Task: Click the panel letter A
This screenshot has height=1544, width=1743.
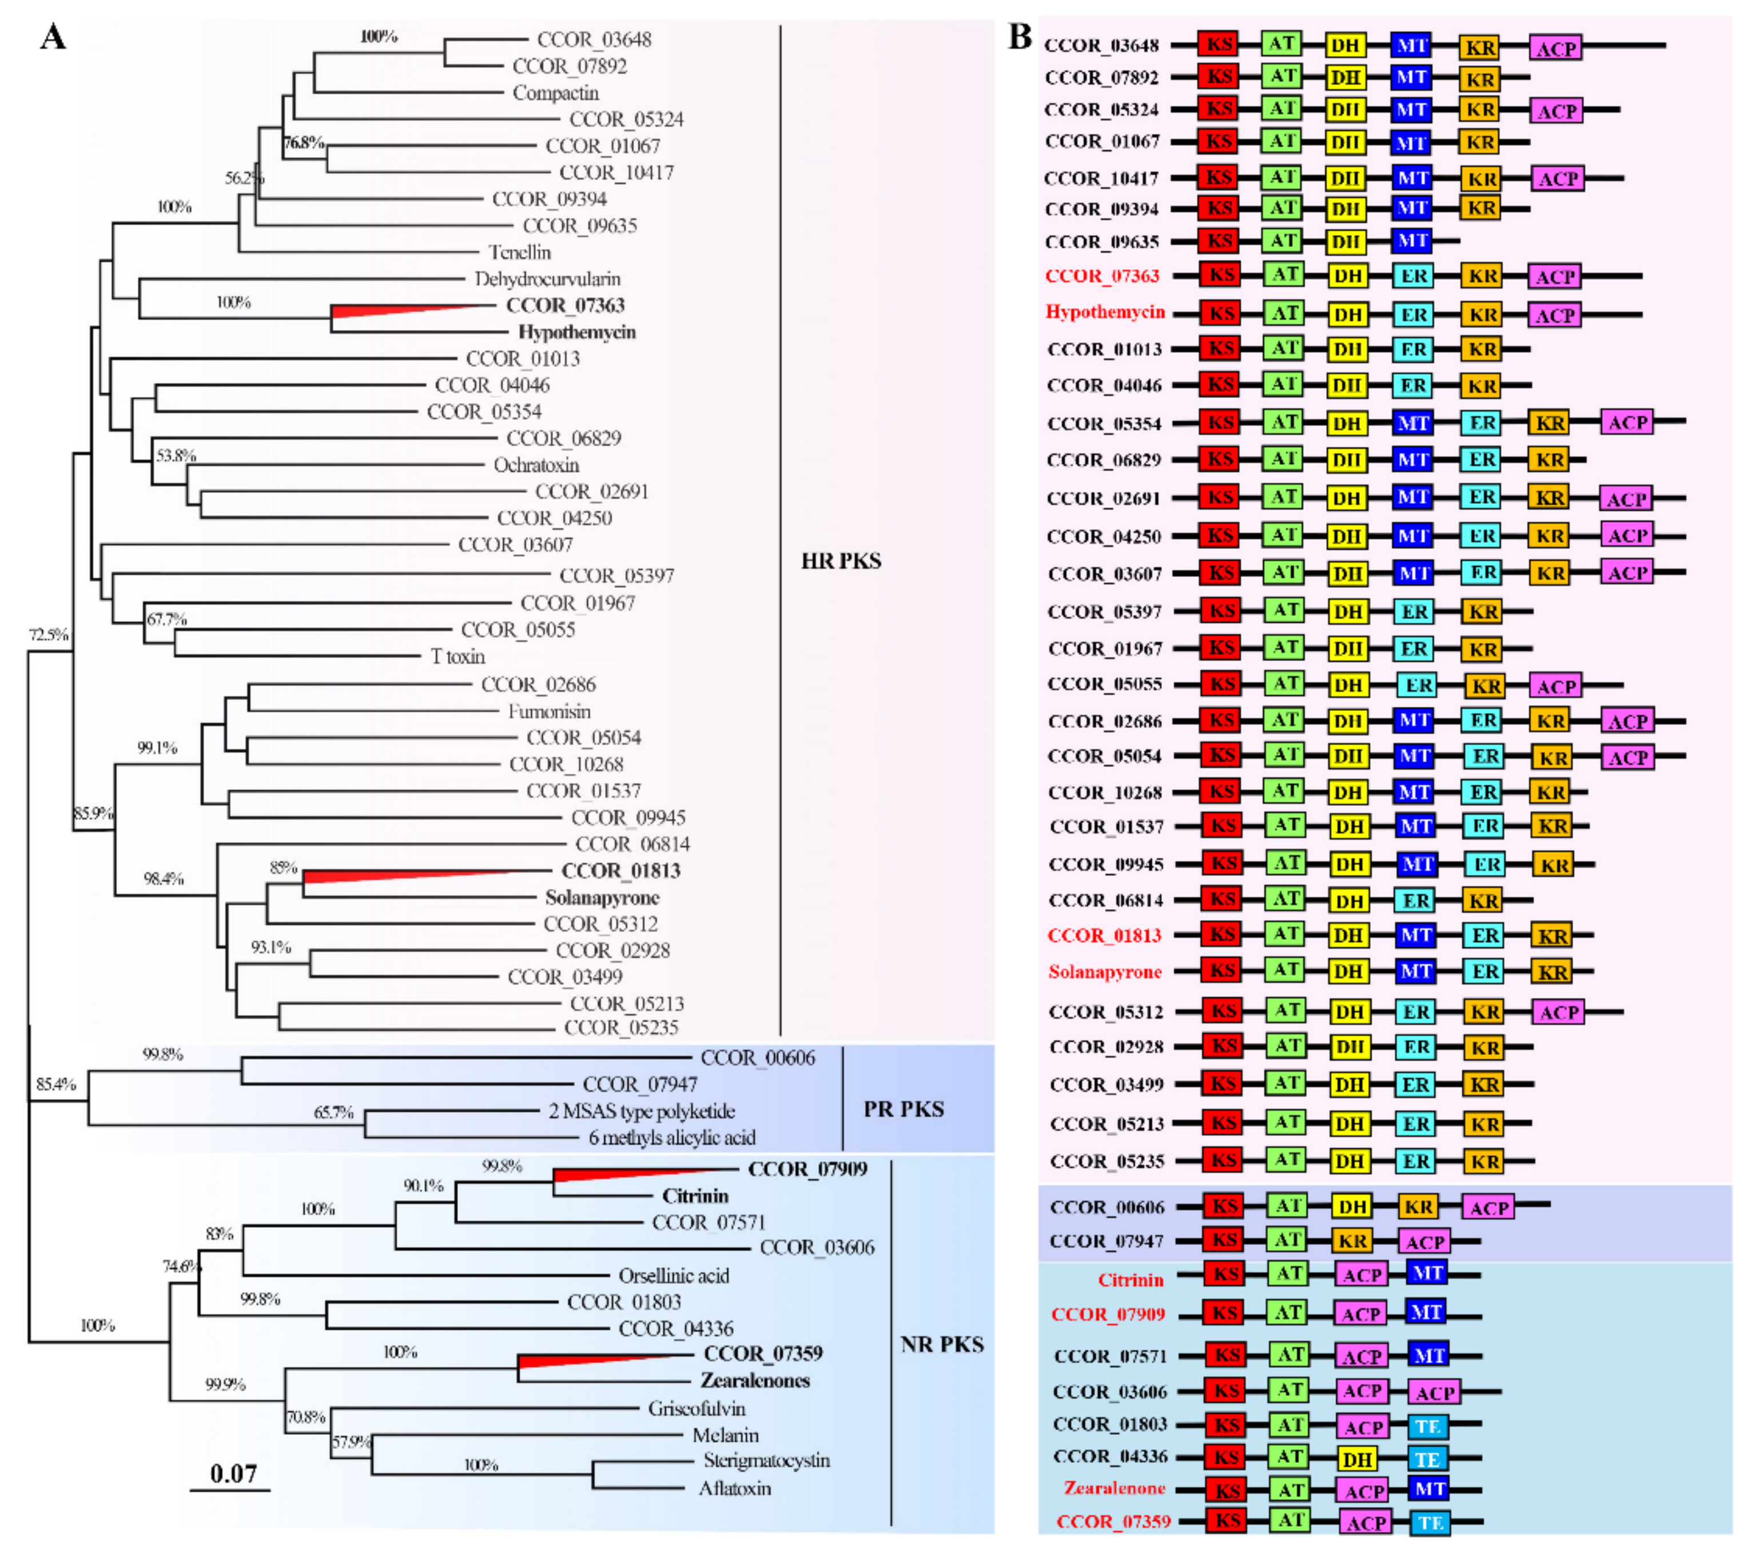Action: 53,38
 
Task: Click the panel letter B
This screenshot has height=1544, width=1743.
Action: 1020,37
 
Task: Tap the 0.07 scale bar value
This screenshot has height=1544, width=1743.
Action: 233,1473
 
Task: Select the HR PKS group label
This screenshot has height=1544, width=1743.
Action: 840,561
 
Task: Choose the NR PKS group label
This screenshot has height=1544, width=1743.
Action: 941,1344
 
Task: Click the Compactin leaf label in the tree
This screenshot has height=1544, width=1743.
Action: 555,93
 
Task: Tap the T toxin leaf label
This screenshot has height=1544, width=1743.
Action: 458,656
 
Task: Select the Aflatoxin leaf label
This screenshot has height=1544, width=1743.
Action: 734,1489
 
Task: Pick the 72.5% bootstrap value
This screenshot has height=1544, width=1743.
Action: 48,635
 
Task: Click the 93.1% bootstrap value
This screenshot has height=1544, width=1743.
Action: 270,947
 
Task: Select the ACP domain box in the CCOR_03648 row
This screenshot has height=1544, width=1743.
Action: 1555,47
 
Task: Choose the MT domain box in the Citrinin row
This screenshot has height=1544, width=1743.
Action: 1427,1273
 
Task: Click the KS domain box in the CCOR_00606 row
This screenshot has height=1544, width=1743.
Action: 1224,1207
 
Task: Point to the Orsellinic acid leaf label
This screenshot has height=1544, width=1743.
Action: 674,1275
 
